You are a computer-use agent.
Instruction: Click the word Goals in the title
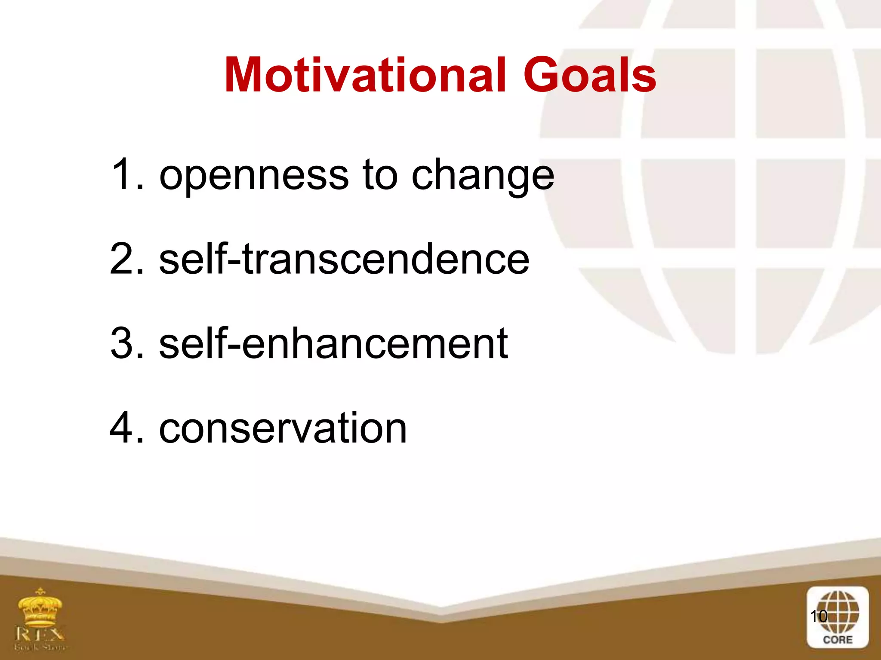(x=589, y=75)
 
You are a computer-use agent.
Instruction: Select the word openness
(x=254, y=176)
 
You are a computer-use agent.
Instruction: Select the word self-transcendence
(x=344, y=259)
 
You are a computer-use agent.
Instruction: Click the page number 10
(x=818, y=616)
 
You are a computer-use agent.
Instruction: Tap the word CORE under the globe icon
(x=838, y=640)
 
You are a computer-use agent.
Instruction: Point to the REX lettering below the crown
(x=40, y=633)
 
